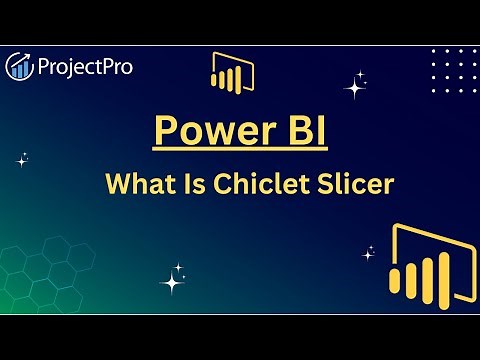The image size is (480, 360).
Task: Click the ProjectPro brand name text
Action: [x=86, y=67]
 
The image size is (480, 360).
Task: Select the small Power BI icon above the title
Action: [x=231, y=72]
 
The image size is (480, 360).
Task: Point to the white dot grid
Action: [x=446, y=69]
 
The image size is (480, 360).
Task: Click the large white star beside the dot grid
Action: [x=355, y=86]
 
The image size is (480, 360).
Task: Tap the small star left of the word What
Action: [x=22, y=159]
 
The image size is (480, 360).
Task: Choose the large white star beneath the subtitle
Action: [x=174, y=282]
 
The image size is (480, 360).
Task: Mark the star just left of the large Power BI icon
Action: [x=369, y=251]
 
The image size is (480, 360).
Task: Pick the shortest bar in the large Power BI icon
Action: [x=405, y=288]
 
